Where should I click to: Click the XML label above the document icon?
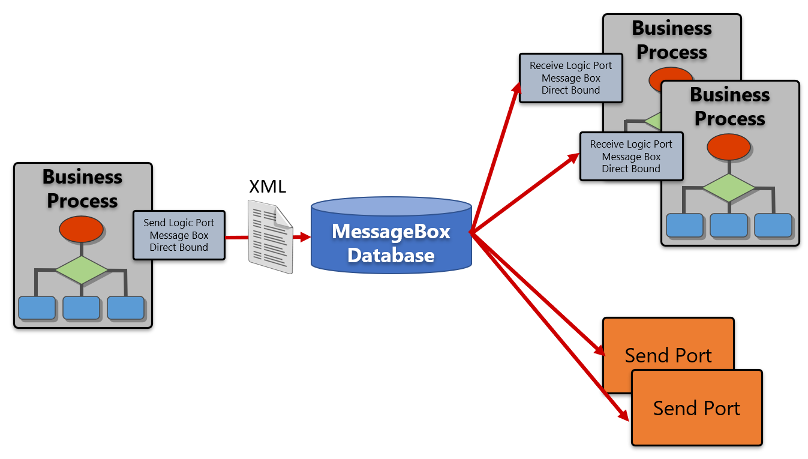point(268,187)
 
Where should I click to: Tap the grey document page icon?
point(271,238)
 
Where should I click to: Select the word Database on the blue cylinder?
point(391,255)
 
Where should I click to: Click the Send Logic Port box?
point(179,235)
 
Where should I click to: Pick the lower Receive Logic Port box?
point(631,157)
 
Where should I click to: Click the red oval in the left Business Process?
point(82,229)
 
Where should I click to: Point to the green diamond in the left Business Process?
point(82,270)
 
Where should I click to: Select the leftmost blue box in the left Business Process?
point(37,308)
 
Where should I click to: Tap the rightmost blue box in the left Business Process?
point(126,308)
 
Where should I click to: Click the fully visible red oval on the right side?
point(728,147)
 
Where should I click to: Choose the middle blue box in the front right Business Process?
point(728,225)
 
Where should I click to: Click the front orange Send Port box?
point(696,408)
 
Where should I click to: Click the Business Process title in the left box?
point(82,188)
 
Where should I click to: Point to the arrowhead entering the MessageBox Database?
point(305,238)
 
